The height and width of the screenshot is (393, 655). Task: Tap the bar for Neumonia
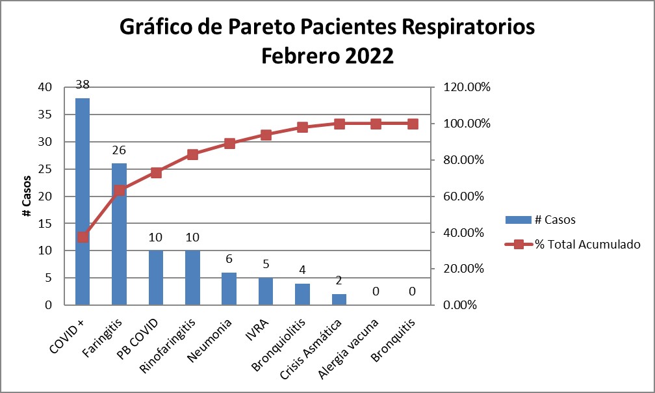tap(229, 289)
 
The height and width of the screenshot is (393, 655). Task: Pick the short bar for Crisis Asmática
tap(339, 299)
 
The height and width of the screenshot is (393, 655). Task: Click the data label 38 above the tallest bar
tap(83, 85)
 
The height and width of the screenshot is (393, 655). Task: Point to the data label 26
tap(119, 150)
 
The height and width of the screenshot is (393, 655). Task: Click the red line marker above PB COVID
tap(156, 172)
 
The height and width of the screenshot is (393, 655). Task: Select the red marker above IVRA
tap(266, 135)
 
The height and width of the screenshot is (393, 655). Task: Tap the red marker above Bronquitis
tap(412, 124)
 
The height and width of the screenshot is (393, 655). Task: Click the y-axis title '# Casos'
tap(27, 196)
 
